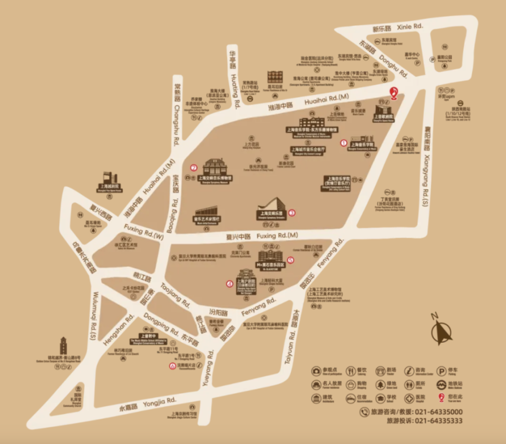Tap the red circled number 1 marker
tap(344, 142)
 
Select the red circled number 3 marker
tap(291, 213)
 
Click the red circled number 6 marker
tap(172, 366)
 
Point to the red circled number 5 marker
tap(290, 259)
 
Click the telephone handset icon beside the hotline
tap(364, 412)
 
